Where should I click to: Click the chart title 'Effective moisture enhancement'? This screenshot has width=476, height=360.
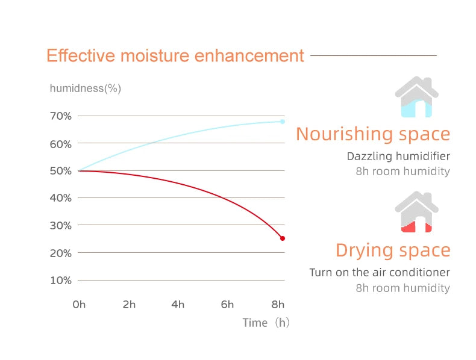[175, 56]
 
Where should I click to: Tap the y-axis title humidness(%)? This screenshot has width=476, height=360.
[85, 88]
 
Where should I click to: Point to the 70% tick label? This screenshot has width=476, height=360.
[60, 116]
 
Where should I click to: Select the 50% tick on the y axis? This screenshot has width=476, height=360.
[60, 171]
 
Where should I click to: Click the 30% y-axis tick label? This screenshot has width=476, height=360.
[60, 226]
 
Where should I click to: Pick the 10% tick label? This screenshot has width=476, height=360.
[60, 281]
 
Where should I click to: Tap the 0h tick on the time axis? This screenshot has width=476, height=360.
[79, 305]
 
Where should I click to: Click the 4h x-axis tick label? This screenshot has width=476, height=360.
[178, 305]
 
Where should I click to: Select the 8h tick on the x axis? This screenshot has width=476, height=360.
[278, 305]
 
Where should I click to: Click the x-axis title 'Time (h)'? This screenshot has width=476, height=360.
[266, 323]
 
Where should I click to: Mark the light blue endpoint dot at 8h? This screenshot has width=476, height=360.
[283, 122]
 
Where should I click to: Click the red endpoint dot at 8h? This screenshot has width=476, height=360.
[283, 238]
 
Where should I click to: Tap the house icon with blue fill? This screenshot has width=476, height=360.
[416, 98]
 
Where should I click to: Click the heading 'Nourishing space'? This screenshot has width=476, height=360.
[373, 134]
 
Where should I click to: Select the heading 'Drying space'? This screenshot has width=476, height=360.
[393, 250]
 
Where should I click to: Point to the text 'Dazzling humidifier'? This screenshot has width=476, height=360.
[398, 157]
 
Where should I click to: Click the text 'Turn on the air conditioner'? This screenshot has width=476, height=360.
[380, 273]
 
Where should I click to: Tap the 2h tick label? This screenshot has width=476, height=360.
[129, 305]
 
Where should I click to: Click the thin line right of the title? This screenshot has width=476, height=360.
[373, 55]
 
